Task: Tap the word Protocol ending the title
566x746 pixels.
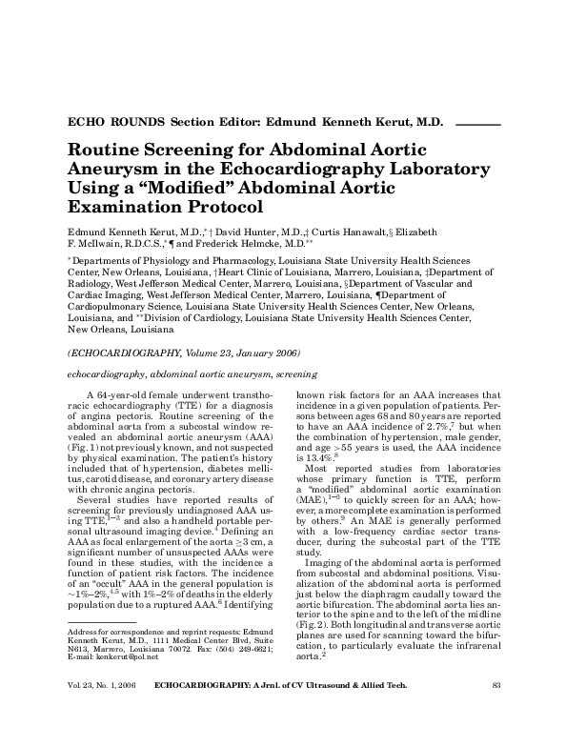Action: pos(215,205)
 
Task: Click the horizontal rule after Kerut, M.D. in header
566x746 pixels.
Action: pos(477,124)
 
